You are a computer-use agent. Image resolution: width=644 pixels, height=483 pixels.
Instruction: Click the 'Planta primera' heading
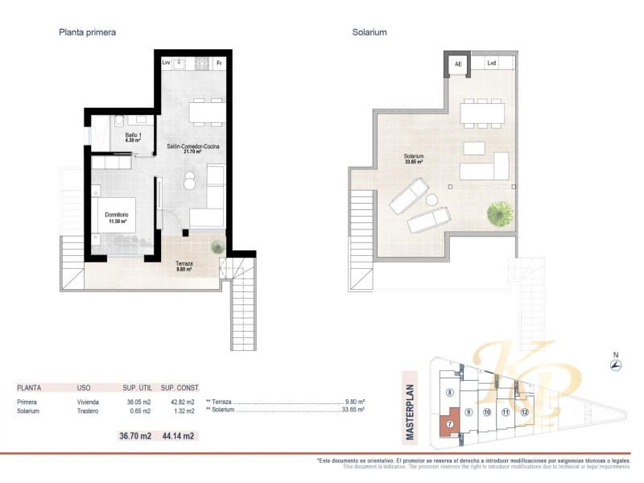click(x=88, y=33)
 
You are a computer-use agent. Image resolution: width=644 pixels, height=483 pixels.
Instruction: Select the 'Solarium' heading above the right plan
click(x=369, y=33)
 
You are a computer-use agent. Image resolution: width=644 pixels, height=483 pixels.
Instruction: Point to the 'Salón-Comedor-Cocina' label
click(x=193, y=148)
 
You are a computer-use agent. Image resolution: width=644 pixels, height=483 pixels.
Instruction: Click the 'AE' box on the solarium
click(x=458, y=64)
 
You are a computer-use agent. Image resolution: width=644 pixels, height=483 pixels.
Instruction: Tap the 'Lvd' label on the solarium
click(x=492, y=63)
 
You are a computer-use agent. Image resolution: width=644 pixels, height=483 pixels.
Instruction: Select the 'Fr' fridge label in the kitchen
click(x=219, y=62)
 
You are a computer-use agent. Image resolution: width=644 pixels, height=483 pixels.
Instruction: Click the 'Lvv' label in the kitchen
click(x=166, y=62)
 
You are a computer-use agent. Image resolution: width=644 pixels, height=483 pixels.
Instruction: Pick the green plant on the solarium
click(x=500, y=213)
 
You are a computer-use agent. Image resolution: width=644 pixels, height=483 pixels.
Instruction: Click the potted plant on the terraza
click(x=217, y=248)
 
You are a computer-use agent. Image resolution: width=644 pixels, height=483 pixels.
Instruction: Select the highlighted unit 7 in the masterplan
click(x=449, y=423)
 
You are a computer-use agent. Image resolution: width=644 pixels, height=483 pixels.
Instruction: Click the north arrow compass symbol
click(x=616, y=365)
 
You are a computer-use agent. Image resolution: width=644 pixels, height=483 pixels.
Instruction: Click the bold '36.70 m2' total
click(x=135, y=436)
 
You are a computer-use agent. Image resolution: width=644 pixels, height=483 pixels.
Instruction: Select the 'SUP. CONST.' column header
click(x=180, y=387)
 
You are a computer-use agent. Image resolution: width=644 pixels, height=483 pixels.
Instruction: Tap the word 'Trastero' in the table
click(x=89, y=411)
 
